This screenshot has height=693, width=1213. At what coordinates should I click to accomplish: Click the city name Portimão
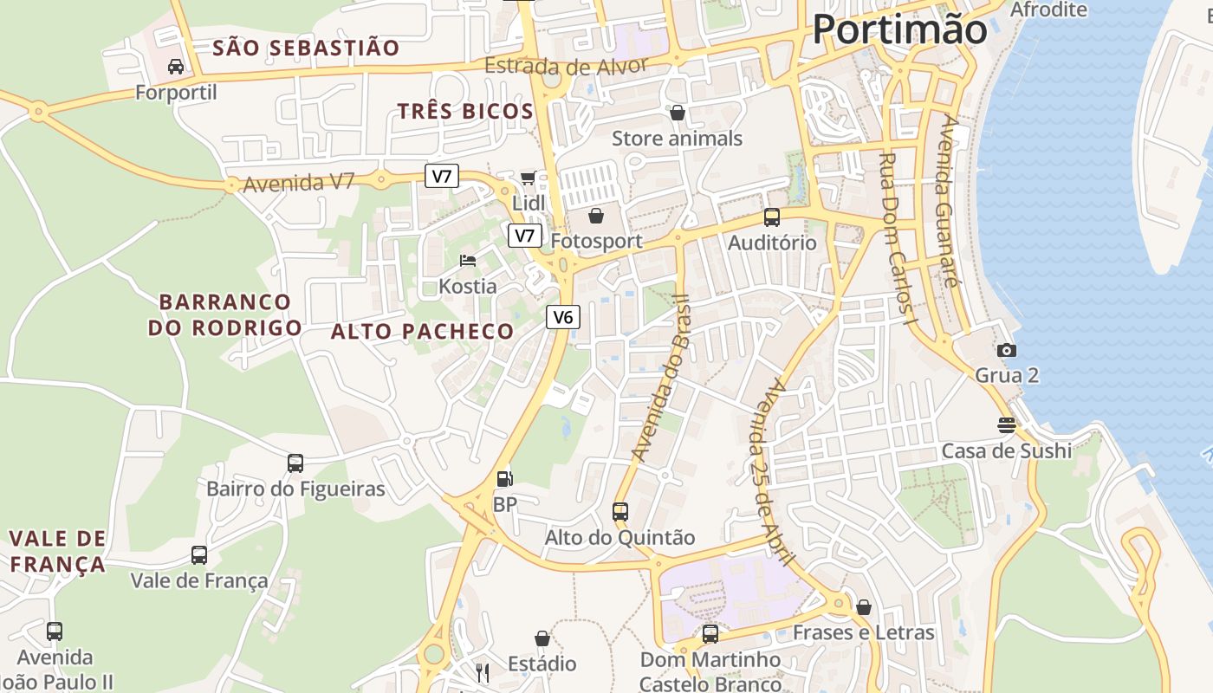click(899, 30)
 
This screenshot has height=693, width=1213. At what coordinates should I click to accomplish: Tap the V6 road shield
click(563, 317)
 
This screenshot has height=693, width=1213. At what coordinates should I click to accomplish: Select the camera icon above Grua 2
click(1006, 350)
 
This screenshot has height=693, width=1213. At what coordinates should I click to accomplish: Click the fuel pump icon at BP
click(503, 478)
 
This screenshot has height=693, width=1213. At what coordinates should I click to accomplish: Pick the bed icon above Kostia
click(468, 260)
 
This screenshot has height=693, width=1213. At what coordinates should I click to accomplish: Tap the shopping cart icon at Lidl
click(528, 178)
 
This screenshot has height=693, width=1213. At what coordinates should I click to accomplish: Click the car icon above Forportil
click(176, 66)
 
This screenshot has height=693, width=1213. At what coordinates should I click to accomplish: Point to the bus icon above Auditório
click(771, 217)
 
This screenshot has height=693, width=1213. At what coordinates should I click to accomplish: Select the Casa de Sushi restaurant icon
click(1006, 424)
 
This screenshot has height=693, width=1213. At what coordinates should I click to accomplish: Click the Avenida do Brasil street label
click(661, 377)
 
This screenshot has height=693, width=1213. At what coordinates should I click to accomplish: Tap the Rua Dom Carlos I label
click(898, 239)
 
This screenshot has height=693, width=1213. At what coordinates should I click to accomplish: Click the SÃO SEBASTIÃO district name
click(306, 48)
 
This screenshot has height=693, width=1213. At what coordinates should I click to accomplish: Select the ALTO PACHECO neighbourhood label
click(422, 331)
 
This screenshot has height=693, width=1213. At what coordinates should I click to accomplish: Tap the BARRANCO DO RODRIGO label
click(224, 314)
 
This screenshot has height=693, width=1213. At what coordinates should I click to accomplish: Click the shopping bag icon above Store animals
click(677, 113)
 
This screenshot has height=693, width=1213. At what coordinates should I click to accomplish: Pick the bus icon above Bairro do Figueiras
click(295, 463)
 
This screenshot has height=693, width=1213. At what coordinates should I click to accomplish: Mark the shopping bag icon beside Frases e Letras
click(863, 607)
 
